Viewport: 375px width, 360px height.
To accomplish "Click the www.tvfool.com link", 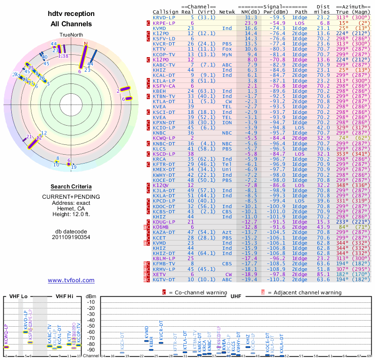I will pyautogui.click(x=71, y=280).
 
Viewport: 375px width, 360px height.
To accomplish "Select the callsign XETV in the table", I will pyautogui.click(x=160, y=274).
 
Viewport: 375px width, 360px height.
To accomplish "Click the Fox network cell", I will pyautogui.click(x=227, y=49).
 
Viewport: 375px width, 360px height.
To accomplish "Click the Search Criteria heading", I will pyautogui.click(x=71, y=187).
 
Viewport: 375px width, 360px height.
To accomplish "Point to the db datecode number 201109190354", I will pyautogui.click(x=71, y=237).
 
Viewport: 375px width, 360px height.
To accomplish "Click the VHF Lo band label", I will pyautogui.click(x=18, y=296).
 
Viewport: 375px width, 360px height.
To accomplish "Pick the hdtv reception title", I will pyautogui.click(x=71, y=14).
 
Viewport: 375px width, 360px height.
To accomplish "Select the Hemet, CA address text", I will pyautogui.click(x=71, y=209).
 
